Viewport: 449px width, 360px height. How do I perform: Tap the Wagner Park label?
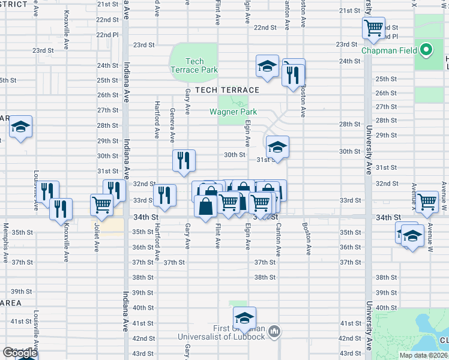coord(233,112)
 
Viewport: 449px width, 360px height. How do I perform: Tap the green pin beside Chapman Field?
coord(426,50)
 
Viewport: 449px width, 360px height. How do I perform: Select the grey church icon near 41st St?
coord(274,330)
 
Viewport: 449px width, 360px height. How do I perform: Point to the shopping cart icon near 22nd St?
coord(373,28)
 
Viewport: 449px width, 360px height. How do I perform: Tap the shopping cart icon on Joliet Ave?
coord(101,204)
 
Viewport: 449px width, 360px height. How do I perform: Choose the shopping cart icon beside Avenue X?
coord(427,201)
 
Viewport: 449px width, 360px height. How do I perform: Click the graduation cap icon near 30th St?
coord(277,146)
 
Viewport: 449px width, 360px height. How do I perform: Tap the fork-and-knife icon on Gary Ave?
coord(184,160)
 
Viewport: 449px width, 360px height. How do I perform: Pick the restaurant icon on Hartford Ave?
coord(164,194)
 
